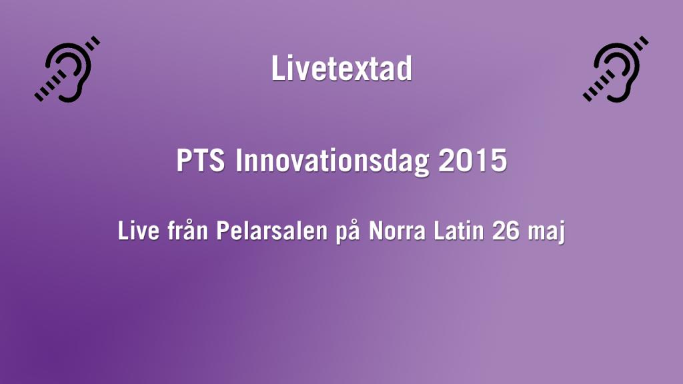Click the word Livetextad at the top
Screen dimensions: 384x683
tap(341, 69)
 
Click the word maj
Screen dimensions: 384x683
tap(548, 233)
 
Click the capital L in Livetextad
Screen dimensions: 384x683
tap(277, 69)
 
